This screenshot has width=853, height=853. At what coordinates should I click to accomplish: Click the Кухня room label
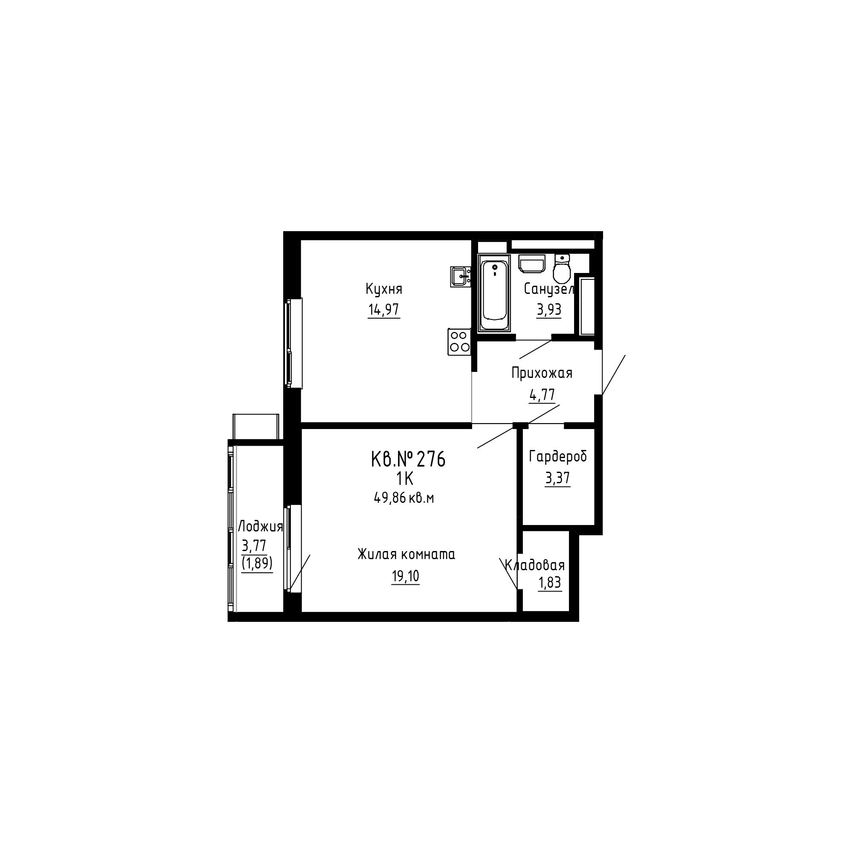[384, 290]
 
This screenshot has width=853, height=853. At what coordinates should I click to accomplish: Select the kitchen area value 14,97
[384, 310]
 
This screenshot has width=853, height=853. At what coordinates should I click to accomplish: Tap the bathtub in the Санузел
[494, 293]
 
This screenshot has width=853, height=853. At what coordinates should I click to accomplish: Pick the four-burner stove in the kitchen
[459, 342]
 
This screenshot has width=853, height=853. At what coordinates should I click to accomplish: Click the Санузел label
[549, 289]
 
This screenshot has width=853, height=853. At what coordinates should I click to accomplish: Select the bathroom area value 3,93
[549, 310]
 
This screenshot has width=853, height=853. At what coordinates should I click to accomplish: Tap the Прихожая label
[542, 373]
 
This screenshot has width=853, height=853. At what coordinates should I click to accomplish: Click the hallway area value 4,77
[542, 395]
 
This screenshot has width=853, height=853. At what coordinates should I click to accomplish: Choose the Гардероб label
[557, 456]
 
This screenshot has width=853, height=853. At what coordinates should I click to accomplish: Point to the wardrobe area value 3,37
[557, 478]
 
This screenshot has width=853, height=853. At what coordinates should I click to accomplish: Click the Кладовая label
[535, 565]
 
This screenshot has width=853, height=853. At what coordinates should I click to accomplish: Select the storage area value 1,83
[550, 583]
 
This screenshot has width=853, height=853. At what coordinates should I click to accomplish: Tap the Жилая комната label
[406, 554]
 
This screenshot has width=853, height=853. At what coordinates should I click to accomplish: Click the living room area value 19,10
[405, 576]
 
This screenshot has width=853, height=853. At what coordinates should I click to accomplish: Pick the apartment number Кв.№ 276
[408, 459]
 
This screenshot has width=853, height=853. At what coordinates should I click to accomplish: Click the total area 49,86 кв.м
[404, 498]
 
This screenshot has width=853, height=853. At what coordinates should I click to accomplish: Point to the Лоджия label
[260, 527]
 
